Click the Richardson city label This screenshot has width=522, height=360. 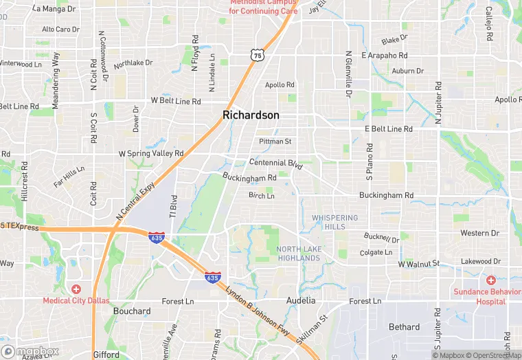point(251,115)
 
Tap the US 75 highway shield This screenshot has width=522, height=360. point(257,54)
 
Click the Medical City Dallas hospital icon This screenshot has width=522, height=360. point(76,289)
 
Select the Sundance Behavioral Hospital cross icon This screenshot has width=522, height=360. point(490,280)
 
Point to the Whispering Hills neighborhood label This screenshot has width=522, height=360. point(335,222)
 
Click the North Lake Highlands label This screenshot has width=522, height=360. point(299,254)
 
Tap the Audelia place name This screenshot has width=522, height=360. point(301,301)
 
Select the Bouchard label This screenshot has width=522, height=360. point(132,311)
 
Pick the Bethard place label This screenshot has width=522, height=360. point(404,327)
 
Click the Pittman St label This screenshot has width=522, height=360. point(275,142)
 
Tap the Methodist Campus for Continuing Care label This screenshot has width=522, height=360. point(264,7)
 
